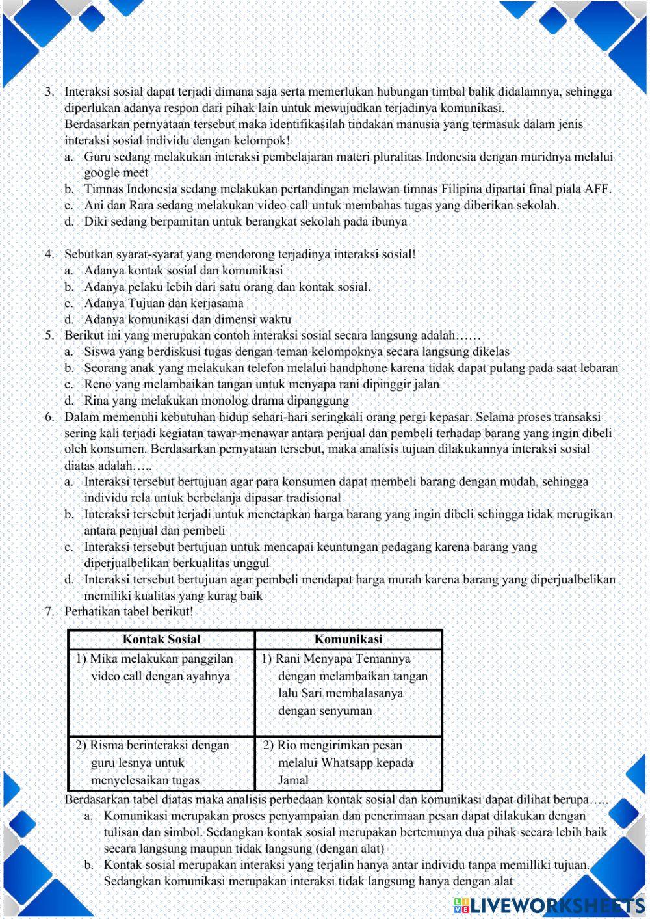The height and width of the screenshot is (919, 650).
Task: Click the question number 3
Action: pos(49,92)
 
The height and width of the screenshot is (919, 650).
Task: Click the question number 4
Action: pos(49,254)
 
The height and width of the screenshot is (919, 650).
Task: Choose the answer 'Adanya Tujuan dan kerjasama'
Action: pos(163,303)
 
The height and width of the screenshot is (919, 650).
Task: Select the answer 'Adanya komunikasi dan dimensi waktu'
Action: pos(187,319)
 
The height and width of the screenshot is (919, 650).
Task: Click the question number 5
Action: pos(49,336)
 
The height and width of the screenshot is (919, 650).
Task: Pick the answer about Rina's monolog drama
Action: pos(216,401)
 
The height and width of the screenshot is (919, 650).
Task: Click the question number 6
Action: pos(49,417)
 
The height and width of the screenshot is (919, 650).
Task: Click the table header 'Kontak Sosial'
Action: pos(161,639)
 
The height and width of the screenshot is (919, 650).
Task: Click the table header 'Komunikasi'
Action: pos(348,639)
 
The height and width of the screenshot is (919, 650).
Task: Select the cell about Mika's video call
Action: pos(160,668)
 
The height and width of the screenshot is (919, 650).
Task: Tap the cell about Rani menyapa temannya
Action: pos(348,685)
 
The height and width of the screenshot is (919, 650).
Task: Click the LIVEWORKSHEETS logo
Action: pos(549,905)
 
